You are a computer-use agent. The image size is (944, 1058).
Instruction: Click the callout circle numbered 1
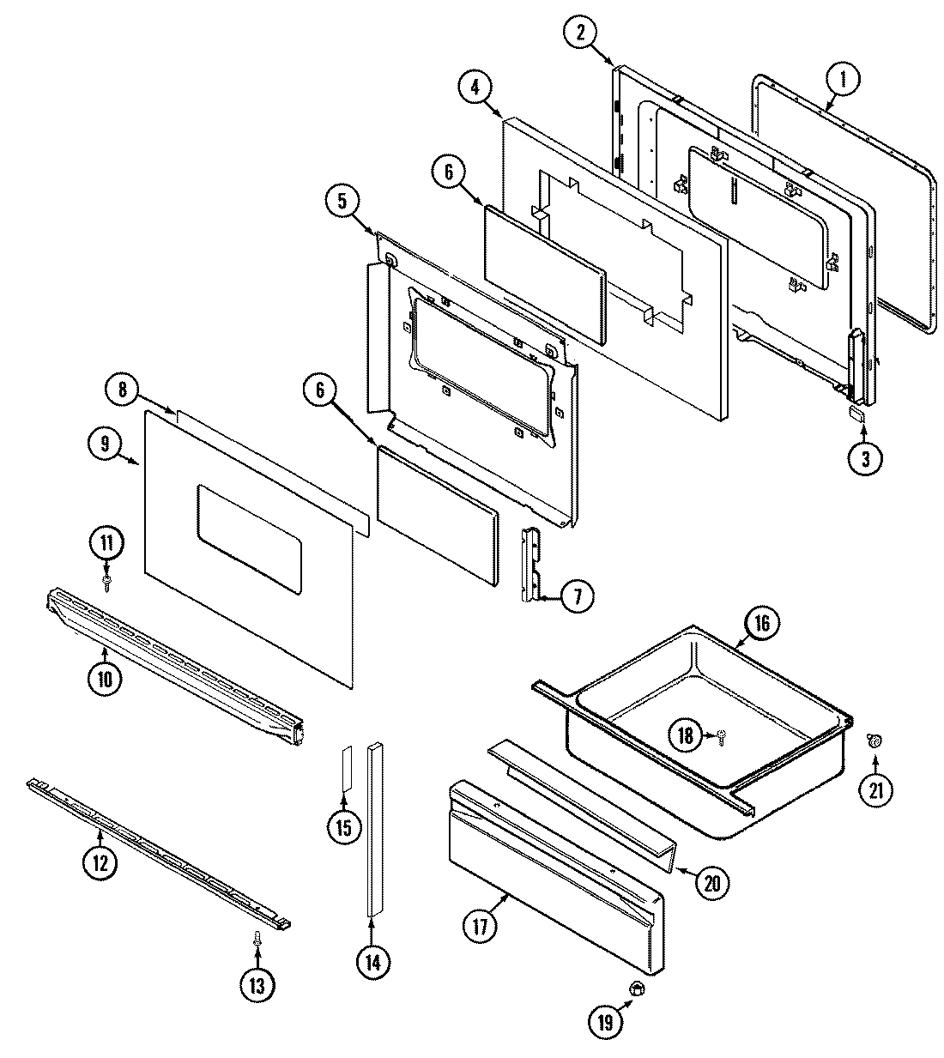pos(843,81)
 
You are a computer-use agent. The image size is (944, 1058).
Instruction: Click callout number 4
pos(474,87)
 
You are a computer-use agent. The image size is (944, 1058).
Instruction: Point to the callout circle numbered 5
pos(342,202)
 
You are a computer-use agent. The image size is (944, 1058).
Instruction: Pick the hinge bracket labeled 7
pos(532,565)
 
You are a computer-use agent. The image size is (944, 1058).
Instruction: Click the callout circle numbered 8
pos(123,390)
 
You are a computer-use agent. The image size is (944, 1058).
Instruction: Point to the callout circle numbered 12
pos(100,862)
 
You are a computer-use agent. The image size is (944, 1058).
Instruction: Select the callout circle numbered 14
pos(372,961)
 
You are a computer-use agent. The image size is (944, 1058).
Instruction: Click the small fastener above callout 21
pos(874,740)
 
